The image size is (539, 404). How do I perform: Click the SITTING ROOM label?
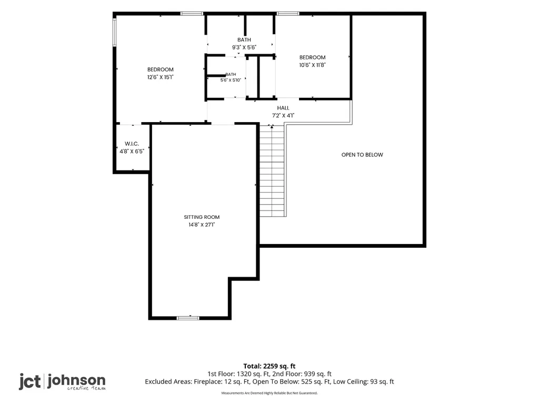[x=202, y=217]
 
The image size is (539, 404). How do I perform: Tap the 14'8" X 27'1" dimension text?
[x=202, y=225]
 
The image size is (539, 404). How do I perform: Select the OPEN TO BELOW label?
[x=362, y=155]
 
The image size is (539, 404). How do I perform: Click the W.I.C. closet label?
[x=132, y=144]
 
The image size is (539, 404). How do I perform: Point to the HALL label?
[x=283, y=108]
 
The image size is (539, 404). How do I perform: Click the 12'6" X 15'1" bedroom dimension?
[x=160, y=77]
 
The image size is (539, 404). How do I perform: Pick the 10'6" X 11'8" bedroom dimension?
[x=312, y=65]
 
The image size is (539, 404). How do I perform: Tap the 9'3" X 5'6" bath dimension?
[x=244, y=47]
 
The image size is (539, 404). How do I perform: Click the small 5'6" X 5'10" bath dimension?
[x=231, y=80]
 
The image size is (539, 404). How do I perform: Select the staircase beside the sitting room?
[x=273, y=171]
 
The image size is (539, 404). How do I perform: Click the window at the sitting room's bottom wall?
[x=188, y=318]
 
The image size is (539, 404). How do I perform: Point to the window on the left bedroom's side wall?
[x=115, y=32]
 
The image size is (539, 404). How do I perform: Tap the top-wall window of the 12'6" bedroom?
[x=192, y=14]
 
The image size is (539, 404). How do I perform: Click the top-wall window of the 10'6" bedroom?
[x=288, y=14]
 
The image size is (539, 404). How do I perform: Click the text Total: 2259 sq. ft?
[x=269, y=366]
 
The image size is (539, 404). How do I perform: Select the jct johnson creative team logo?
[x=62, y=382]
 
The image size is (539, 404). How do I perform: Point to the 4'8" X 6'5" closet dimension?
[x=132, y=151]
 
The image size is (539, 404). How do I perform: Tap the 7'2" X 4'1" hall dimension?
[x=283, y=115]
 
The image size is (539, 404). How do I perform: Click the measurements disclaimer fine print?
[x=269, y=393]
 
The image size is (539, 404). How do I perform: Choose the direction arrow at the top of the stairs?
[x=272, y=127]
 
